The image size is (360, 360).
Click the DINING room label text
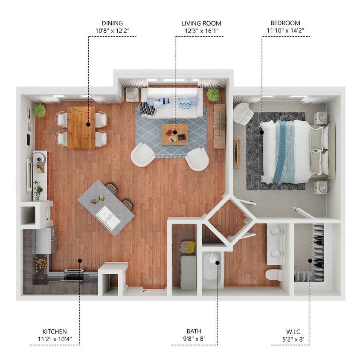click(112, 23)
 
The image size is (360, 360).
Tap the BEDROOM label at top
click(285, 23)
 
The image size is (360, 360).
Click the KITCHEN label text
click(55, 331)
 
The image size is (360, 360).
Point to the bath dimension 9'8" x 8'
click(194, 340)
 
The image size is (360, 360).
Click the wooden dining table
click(81, 127)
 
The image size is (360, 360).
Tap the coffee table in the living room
click(174, 134)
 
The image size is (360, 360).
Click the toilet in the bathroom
click(274, 274)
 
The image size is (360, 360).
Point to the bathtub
click(212, 270)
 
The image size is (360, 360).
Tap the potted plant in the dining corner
click(39, 110)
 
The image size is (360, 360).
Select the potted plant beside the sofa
click(213, 94)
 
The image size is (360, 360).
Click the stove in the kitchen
click(74, 275)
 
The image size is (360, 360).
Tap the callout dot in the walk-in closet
click(310, 261)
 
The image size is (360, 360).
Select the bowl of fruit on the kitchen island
click(101, 198)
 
